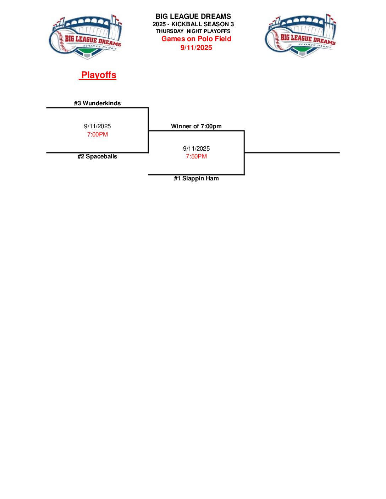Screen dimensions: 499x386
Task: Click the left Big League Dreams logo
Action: [86, 37]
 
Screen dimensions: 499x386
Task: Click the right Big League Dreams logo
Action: [300, 36]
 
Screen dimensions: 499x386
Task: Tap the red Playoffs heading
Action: [98, 75]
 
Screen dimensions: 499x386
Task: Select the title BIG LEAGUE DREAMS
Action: [193, 16]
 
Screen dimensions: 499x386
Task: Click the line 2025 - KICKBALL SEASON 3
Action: [193, 24]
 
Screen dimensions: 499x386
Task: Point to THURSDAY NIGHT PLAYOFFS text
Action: [193, 31]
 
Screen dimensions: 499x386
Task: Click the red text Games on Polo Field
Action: [196, 39]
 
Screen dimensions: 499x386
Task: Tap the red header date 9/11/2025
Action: [196, 47]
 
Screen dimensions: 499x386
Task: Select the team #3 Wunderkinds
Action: [97, 103]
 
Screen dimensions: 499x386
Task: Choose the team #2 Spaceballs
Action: [97, 156]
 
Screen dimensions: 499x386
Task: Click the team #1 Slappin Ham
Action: [196, 178]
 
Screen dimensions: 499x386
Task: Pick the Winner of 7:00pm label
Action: [196, 126]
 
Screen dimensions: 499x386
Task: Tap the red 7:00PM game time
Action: [98, 134]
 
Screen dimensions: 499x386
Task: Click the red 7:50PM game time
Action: [196, 156]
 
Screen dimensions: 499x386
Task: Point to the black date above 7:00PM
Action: [98, 126]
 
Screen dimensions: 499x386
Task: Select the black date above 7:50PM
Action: [196, 148]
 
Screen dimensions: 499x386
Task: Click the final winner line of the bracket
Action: [292, 153]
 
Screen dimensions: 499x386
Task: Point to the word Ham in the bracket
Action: [212, 178]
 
